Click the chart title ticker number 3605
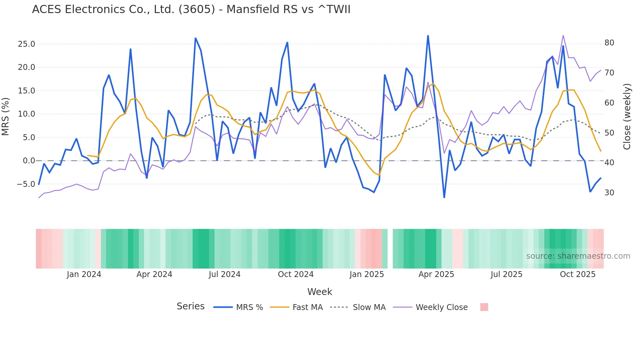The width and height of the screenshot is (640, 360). tap(197, 9)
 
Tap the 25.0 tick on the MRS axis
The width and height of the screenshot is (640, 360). tap(26, 44)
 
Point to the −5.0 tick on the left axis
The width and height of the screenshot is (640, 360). tap(26, 184)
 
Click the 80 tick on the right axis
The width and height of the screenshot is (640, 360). tap(609, 43)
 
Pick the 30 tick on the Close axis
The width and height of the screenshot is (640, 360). tap(609, 193)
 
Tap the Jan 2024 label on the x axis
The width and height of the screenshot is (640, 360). tap(84, 274)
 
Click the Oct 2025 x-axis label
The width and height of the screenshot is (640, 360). tap(578, 274)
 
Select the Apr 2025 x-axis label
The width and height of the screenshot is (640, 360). tap(436, 274)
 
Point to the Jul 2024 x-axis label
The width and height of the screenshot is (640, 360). tap(225, 274)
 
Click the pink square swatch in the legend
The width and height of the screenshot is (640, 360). tap(484, 307)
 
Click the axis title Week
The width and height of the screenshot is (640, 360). tap(320, 292)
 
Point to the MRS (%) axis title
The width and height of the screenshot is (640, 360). tap(5, 117)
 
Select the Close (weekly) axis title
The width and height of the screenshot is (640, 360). tap(627, 117)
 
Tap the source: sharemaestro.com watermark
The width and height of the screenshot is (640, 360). tap(578, 256)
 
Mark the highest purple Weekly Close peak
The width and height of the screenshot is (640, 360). tap(563, 35)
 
